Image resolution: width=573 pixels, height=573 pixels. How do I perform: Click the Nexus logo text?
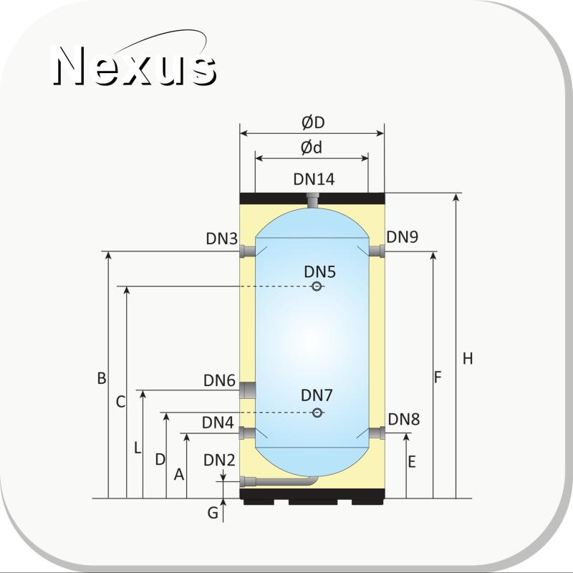[x=135, y=66]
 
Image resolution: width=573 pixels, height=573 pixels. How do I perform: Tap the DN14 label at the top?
[x=314, y=179]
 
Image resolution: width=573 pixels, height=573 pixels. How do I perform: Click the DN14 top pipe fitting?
[x=312, y=201]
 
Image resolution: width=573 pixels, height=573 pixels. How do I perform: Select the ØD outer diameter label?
[x=313, y=122]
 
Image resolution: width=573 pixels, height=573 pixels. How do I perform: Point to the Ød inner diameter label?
[x=312, y=148]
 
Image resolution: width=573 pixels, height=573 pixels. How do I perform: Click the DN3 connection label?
[x=222, y=239]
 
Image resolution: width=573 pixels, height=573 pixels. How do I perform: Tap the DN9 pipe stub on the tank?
[x=377, y=251]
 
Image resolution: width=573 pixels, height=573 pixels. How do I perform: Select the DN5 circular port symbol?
[x=317, y=286]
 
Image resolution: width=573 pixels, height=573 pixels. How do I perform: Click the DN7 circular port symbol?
[x=317, y=413]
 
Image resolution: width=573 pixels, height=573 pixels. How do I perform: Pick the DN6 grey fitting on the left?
[x=247, y=390]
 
